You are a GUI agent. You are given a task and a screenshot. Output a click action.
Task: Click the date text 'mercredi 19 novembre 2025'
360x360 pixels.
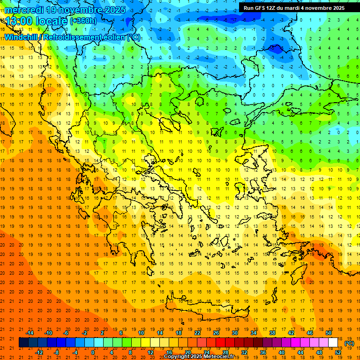[65, 9]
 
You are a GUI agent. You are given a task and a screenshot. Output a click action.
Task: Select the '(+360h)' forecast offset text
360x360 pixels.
[83, 21]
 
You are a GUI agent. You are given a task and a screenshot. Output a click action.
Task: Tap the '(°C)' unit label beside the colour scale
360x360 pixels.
[349, 343]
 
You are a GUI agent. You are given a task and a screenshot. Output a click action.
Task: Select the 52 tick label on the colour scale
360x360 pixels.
[338, 352]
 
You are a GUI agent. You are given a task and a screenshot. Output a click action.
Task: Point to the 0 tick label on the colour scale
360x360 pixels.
[93, 352]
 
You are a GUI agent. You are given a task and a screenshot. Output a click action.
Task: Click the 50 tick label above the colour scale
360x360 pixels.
[329, 332]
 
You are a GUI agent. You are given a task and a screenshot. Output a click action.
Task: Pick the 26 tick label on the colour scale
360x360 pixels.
[216, 332]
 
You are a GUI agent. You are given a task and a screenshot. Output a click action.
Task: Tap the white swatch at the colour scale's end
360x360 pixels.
[333, 343]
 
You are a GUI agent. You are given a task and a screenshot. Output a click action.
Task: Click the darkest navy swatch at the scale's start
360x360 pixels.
[23, 343]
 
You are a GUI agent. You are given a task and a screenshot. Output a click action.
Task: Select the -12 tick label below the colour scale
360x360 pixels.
[39, 352]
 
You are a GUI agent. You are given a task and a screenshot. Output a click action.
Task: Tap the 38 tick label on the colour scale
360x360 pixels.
[272, 332]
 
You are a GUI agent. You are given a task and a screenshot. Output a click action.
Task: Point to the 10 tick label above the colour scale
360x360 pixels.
[141, 332]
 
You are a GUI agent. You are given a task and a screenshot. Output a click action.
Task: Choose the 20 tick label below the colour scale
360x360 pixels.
[187, 352]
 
